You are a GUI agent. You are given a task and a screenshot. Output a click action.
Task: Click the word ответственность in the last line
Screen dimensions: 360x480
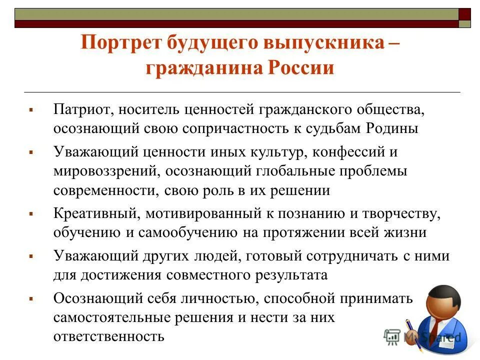109,336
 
